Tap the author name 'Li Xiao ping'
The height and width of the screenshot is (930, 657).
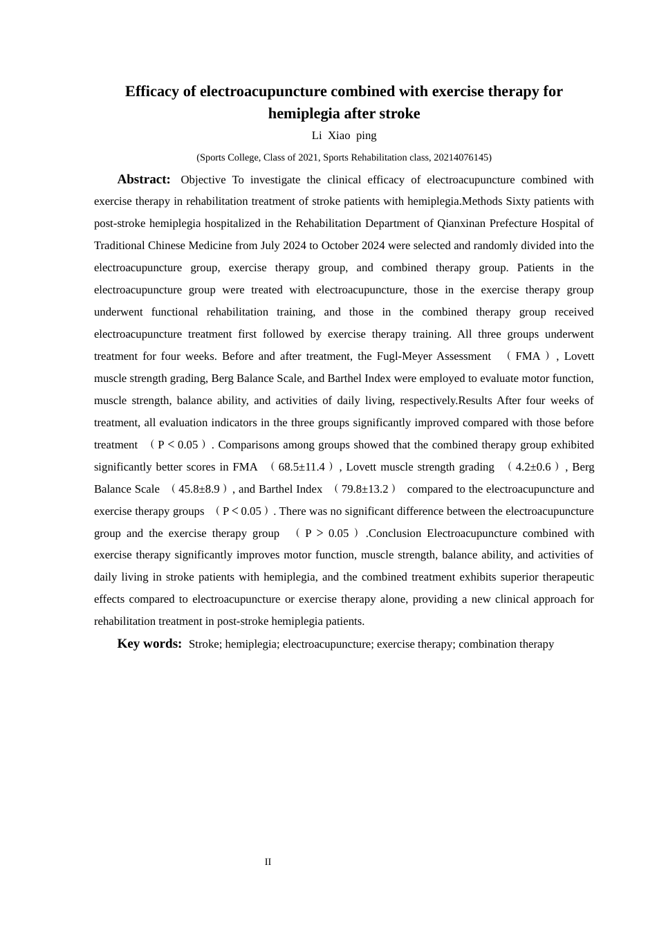(x=344, y=136)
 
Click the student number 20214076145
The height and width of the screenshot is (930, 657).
(x=461, y=157)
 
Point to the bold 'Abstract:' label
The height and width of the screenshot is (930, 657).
(x=144, y=179)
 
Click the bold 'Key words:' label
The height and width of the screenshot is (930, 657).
(x=149, y=644)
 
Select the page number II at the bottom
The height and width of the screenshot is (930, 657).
(x=268, y=861)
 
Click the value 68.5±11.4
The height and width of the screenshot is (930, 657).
(x=302, y=467)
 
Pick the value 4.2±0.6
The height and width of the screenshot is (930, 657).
(x=533, y=467)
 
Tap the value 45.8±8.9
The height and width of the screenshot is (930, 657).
(x=198, y=489)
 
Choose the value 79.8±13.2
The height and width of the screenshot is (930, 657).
(x=364, y=489)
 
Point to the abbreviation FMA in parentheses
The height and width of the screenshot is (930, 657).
(x=528, y=356)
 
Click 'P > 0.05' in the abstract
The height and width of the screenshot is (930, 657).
(x=326, y=534)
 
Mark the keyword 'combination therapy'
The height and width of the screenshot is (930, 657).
(x=506, y=644)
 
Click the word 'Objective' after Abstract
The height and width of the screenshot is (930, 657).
(x=203, y=180)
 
